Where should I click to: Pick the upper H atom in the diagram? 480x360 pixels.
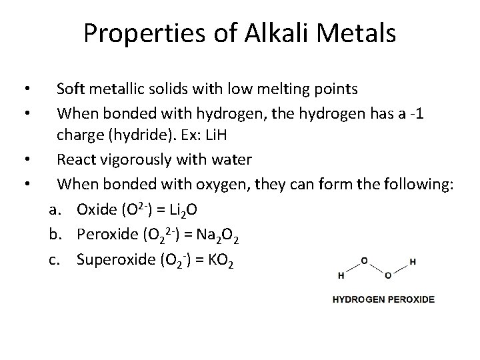[413, 261]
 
